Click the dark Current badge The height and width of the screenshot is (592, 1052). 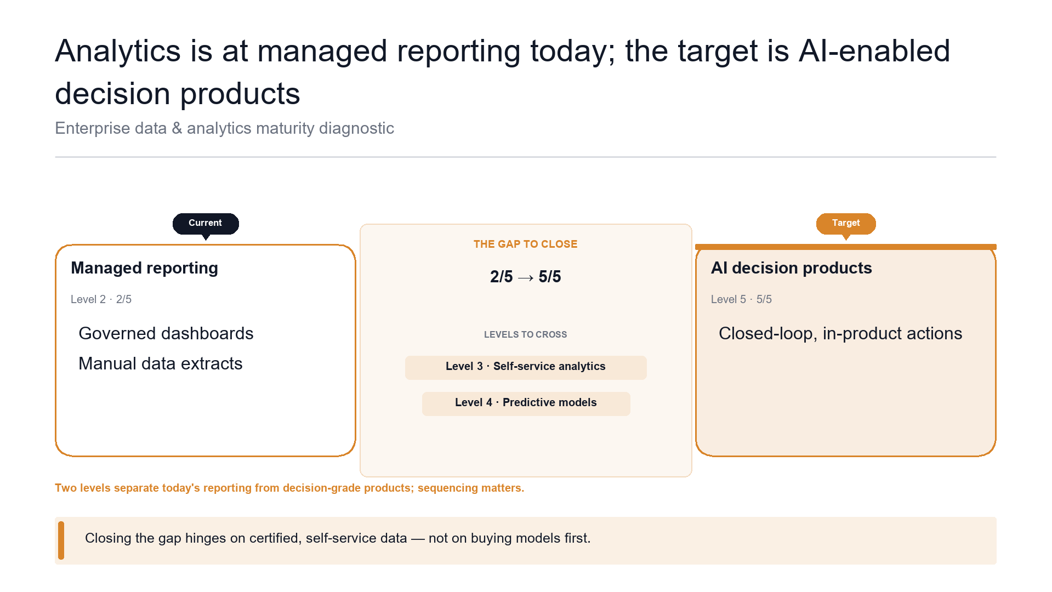pyautogui.click(x=206, y=223)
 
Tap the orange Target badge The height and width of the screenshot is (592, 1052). pyautogui.click(x=846, y=223)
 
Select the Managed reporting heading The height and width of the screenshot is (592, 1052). pyautogui.click(x=145, y=268)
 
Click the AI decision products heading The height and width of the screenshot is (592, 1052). pyautogui.click(x=791, y=268)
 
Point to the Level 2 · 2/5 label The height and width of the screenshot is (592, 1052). pyautogui.click(x=101, y=299)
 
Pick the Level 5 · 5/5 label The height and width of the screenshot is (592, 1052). pyautogui.click(x=741, y=299)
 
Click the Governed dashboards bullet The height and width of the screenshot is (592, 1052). pyautogui.click(x=166, y=333)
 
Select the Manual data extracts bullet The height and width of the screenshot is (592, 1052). pyautogui.click(x=161, y=363)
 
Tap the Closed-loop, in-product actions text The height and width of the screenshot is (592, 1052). pyautogui.click(x=840, y=333)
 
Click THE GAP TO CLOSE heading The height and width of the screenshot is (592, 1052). pyautogui.click(x=525, y=244)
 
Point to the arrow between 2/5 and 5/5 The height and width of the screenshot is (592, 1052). pyautogui.click(x=525, y=278)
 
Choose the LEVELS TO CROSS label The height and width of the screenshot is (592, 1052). pyautogui.click(x=525, y=334)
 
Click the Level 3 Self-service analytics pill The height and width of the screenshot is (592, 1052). pyautogui.click(x=526, y=367)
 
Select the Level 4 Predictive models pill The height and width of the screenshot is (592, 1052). pyautogui.click(x=526, y=403)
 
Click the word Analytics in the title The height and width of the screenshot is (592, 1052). pyautogui.click(x=118, y=51)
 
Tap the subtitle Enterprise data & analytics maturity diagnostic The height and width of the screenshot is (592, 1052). pyautogui.click(x=224, y=128)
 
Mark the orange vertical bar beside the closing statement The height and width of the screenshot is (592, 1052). pyautogui.click(x=61, y=540)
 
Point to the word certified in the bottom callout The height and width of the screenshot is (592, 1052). pyautogui.click(x=273, y=538)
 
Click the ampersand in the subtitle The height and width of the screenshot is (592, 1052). pyautogui.click(x=177, y=128)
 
